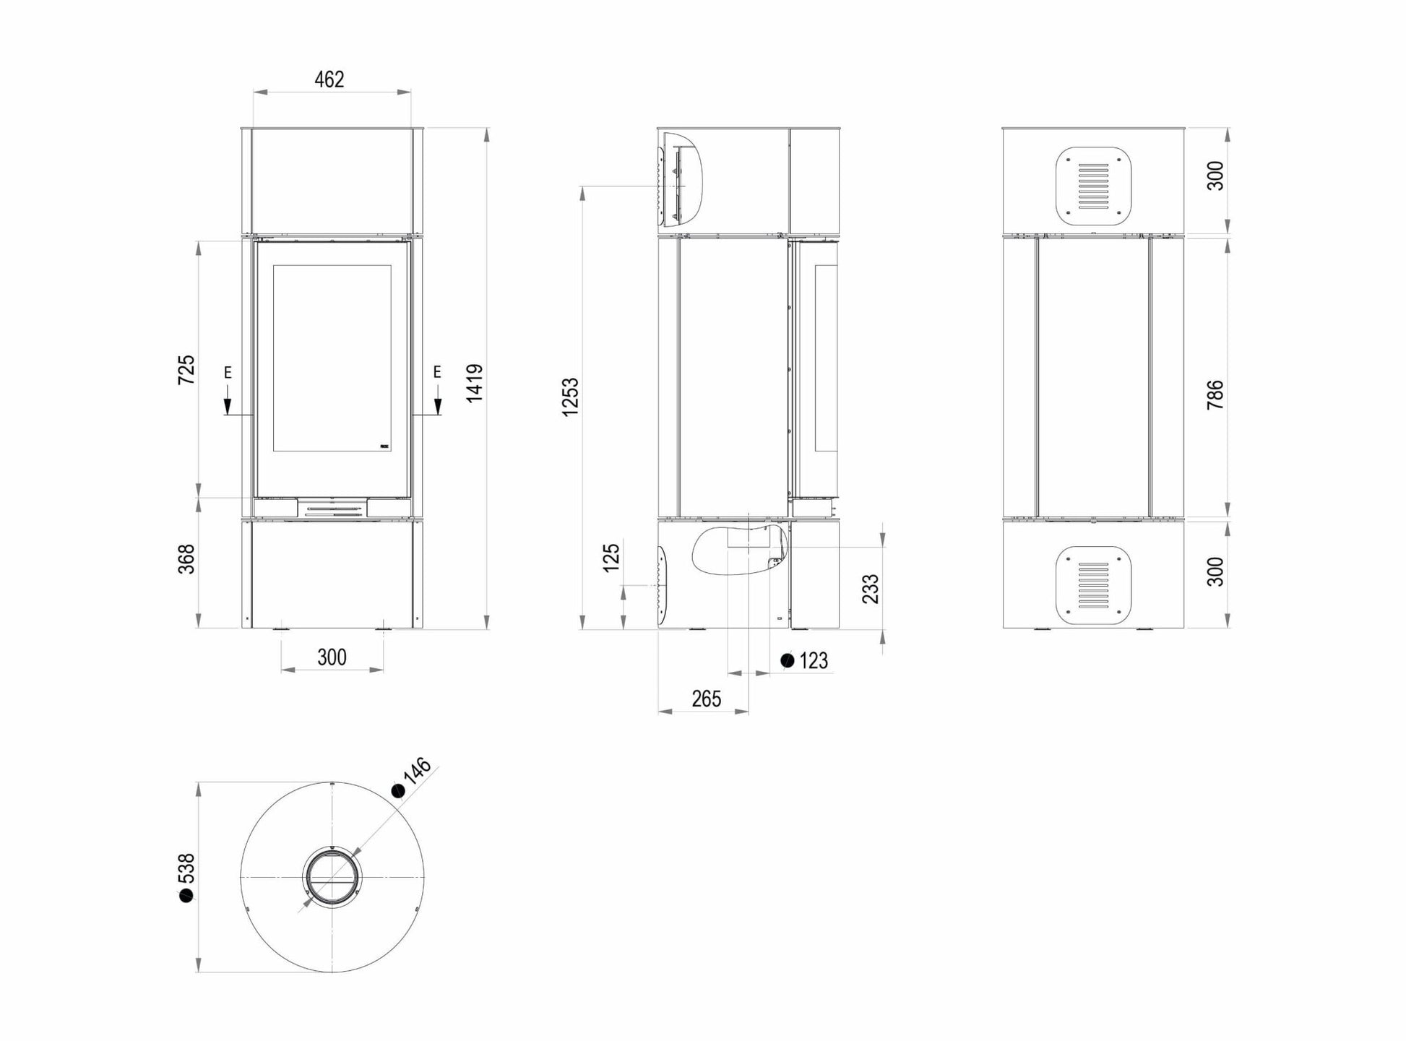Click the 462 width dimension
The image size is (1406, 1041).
(329, 79)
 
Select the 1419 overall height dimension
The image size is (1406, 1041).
(475, 383)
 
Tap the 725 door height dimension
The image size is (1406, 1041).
(186, 369)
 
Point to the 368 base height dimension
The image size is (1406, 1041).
(186, 559)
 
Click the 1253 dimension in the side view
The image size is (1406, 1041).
(571, 397)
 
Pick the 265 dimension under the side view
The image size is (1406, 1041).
(706, 699)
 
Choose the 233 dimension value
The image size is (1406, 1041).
(871, 589)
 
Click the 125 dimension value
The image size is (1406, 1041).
(611, 558)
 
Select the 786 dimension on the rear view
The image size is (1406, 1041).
(1215, 395)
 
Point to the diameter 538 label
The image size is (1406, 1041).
(186, 877)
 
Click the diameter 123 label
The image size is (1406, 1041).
(804, 660)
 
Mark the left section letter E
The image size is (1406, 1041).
(228, 373)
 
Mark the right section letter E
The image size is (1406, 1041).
(436, 372)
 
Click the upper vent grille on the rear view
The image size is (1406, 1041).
(1093, 186)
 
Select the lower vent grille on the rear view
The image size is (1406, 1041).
(1093, 585)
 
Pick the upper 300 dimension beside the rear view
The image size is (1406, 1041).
(1215, 176)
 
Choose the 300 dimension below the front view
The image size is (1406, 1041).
(332, 657)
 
